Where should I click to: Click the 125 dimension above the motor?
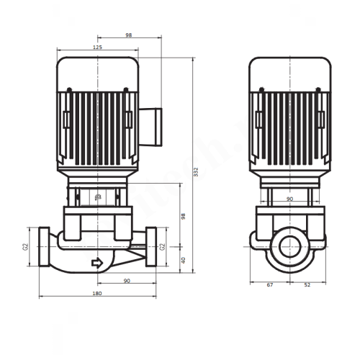coord(98,48)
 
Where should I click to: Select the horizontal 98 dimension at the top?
coord(129,35)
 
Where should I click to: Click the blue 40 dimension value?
coord(183,261)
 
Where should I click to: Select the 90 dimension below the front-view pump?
coord(126,282)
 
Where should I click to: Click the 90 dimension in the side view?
coord(290,199)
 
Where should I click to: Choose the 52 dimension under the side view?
coord(307,286)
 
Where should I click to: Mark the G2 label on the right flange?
coord(163,246)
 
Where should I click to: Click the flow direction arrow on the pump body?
coord(96,264)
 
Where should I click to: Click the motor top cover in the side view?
coord(290,72)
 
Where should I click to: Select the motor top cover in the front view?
coord(97,72)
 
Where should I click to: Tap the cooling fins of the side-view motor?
coord(290,122)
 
